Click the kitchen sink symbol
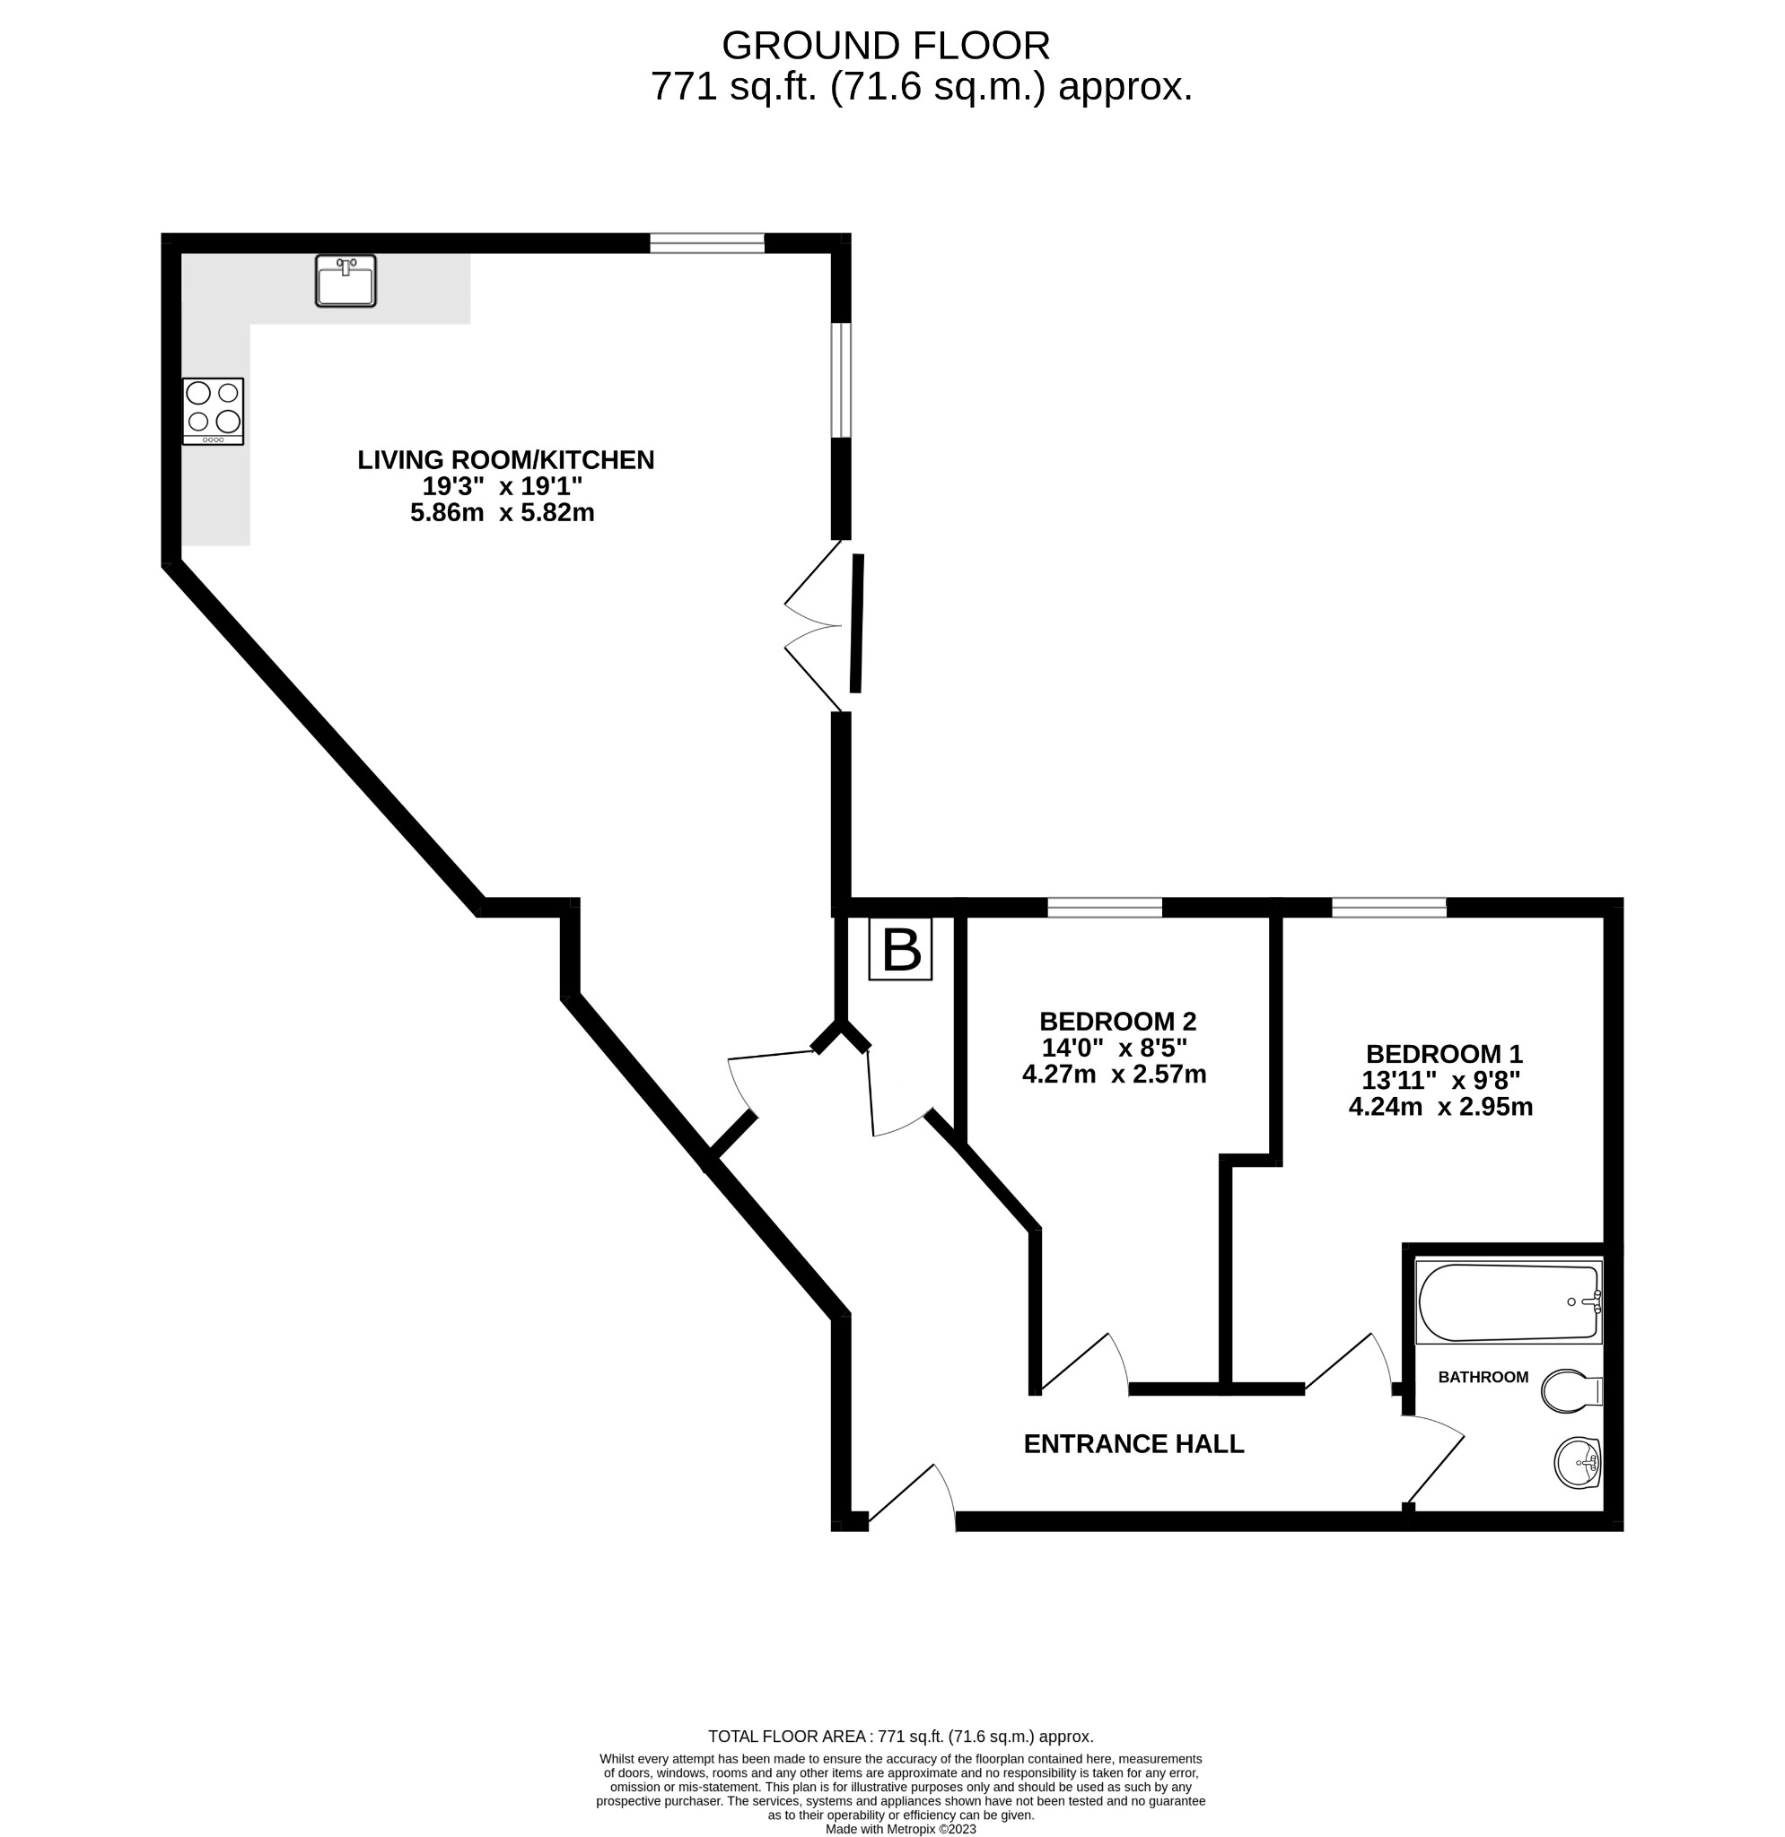[346, 280]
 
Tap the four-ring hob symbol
[214, 412]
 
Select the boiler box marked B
[901, 949]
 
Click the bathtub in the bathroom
[1509, 1302]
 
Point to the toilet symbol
[1572, 1391]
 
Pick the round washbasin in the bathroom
[1578, 1462]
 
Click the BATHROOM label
[1483, 1377]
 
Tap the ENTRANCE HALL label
[1133, 1444]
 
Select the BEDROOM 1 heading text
[1445, 1055]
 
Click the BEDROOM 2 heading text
[1118, 1022]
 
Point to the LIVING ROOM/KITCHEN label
[506, 460]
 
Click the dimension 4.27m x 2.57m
[1115, 1074]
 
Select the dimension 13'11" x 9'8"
[1441, 1081]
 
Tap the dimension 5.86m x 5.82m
[503, 513]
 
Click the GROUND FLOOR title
[886, 45]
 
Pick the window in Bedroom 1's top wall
[1389, 907]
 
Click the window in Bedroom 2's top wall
[1105, 907]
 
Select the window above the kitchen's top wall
[708, 244]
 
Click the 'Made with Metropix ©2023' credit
[901, 1829]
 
